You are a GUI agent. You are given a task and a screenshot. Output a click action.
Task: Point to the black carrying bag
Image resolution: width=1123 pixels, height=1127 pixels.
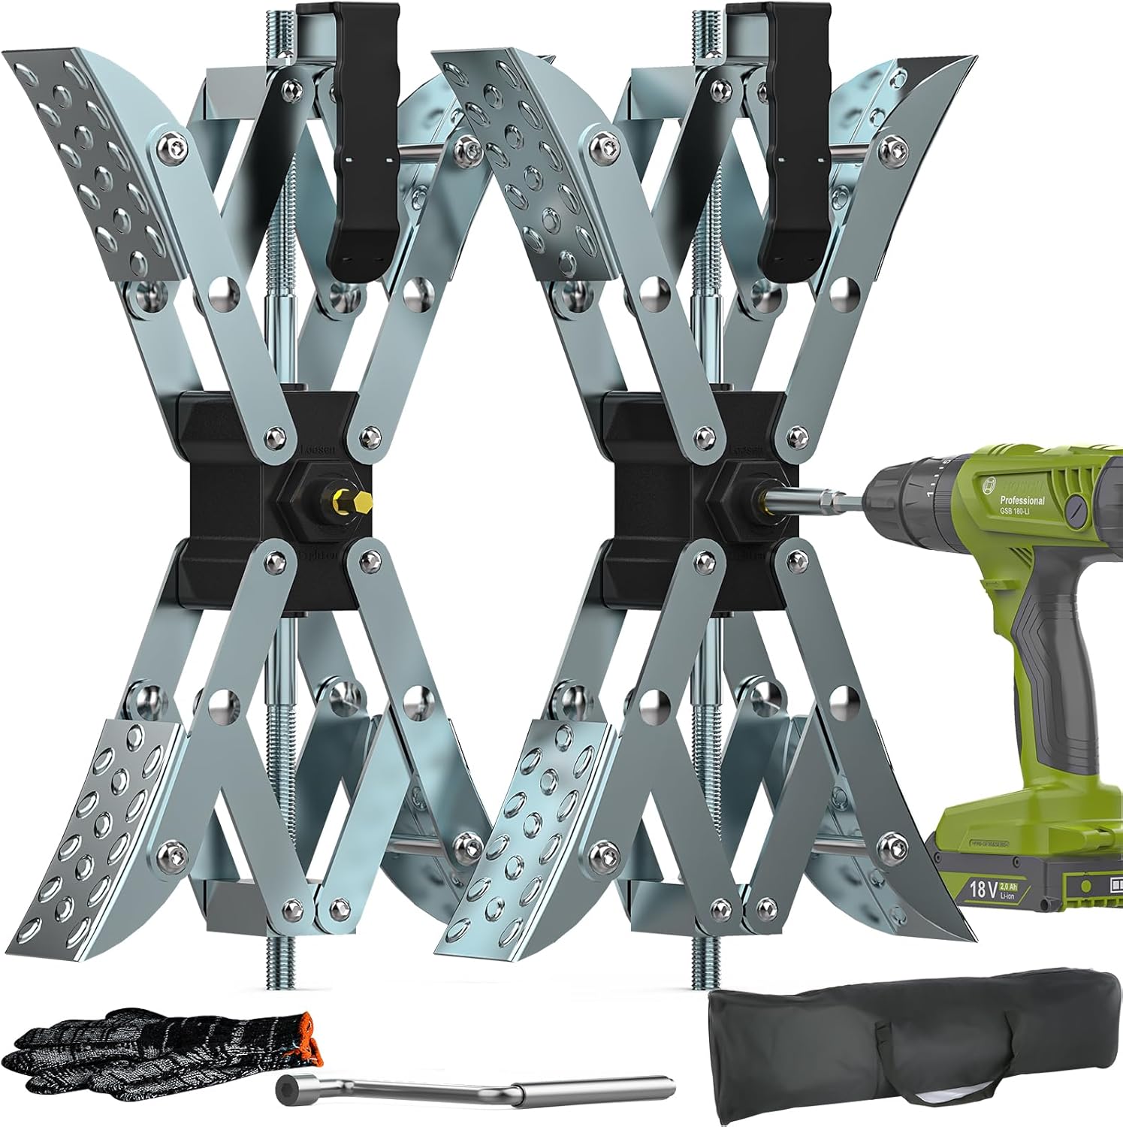909,1052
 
